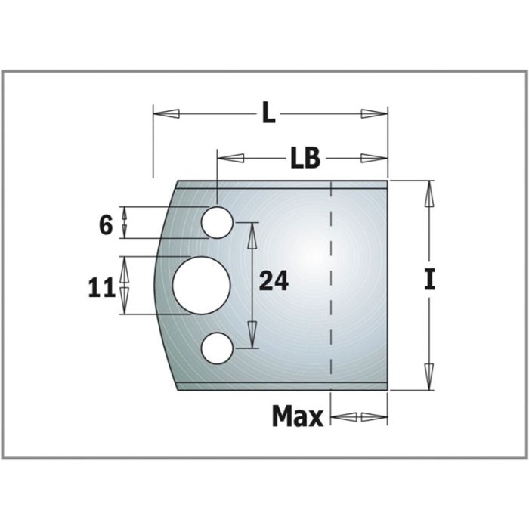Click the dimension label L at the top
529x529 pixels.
(268, 114)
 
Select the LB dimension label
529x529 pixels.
(305, 159)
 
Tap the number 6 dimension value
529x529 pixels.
(106, 224)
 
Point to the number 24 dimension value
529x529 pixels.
(274, 282)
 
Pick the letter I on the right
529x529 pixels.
(429, 281)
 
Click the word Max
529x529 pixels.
(297, 416)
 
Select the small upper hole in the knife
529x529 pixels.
(217, 221)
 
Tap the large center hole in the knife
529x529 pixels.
(201, 285)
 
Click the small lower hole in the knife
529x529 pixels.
(217, 348)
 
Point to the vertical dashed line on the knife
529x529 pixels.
(332, 287)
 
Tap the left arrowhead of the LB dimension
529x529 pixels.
(230, 159)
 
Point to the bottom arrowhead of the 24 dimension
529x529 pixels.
(251, 336)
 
